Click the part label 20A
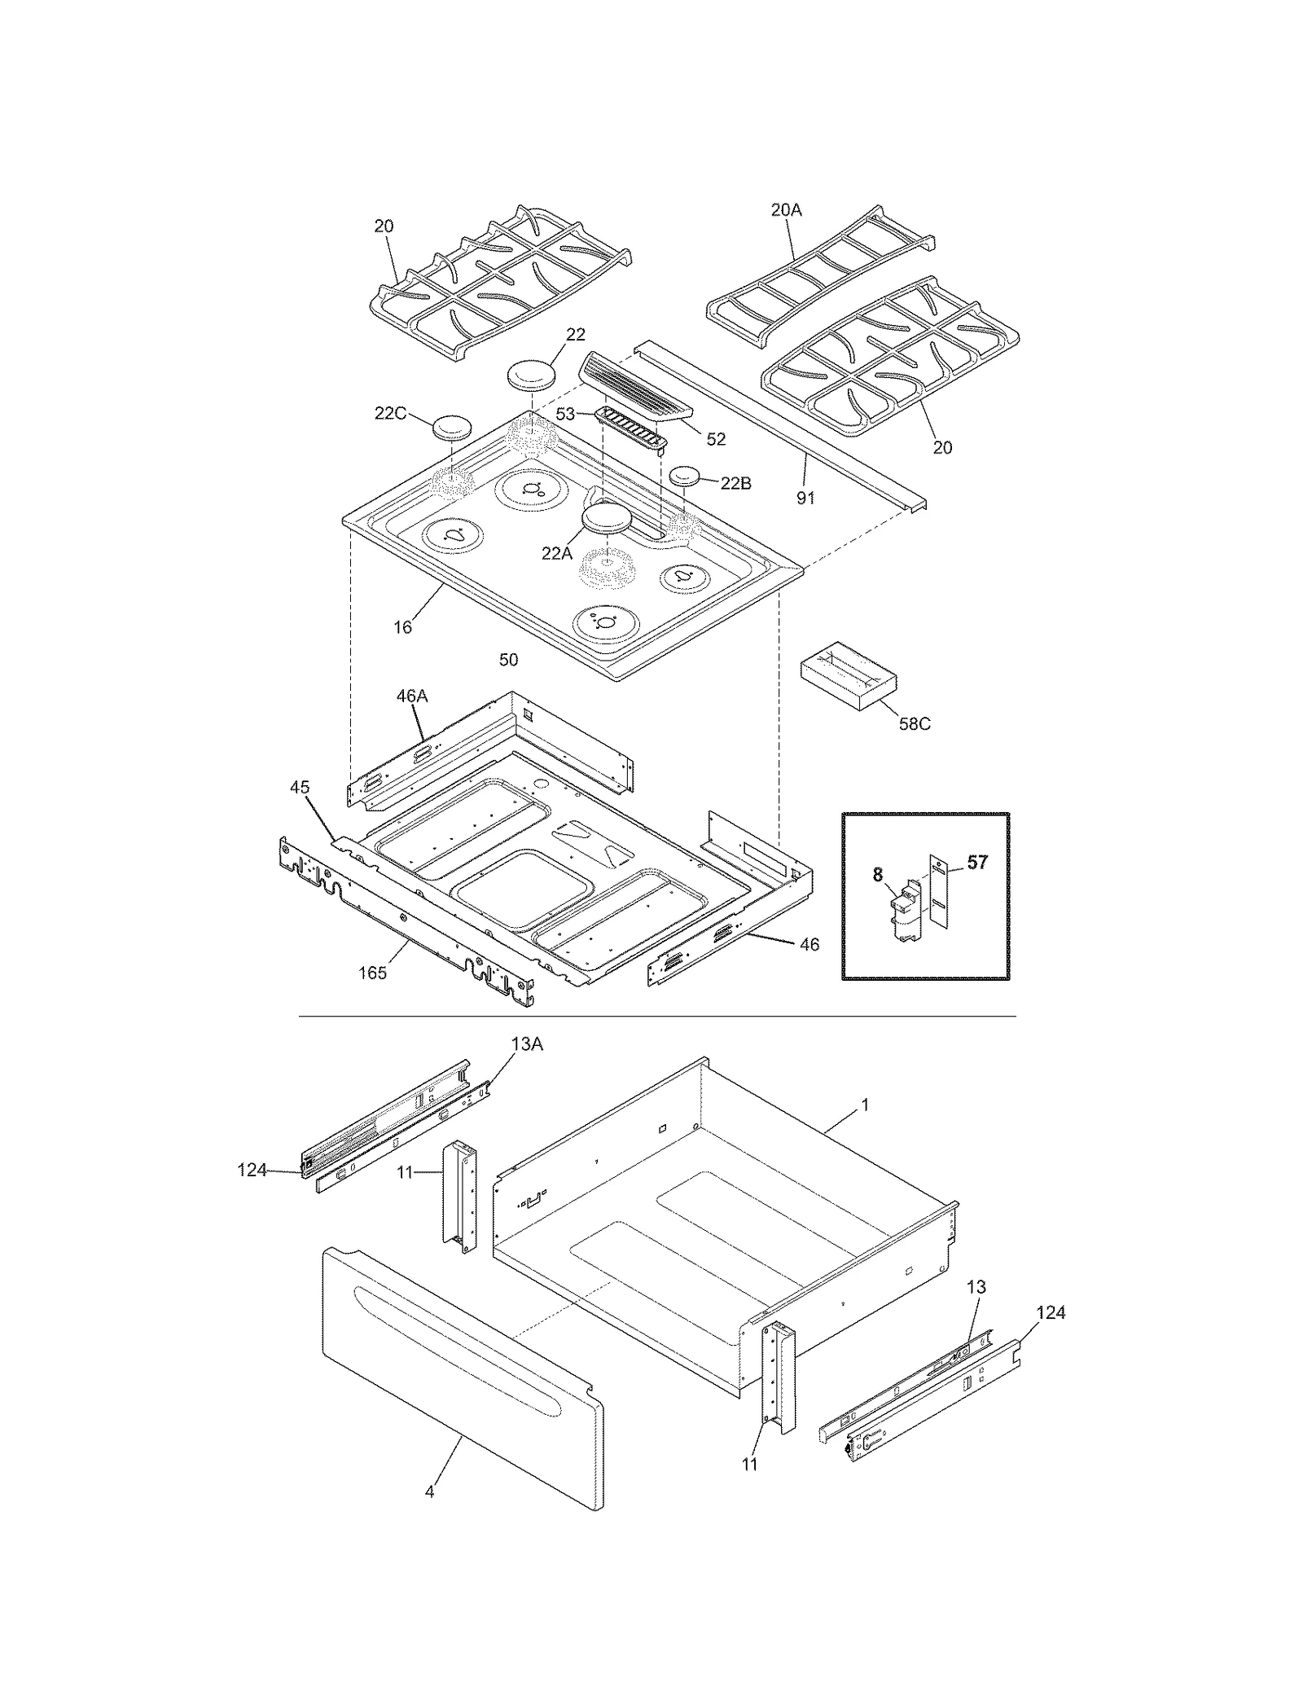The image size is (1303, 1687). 786,210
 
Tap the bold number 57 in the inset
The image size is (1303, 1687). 977,862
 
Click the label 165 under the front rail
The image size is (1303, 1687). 372,973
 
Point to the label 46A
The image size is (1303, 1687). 412,696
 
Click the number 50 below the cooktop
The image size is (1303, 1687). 508,659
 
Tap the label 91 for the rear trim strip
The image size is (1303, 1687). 805,497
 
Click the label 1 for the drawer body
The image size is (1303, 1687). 865,1105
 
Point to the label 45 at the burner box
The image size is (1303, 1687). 300,788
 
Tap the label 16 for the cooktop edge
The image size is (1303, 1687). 402,626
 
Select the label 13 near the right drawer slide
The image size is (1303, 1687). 976,1287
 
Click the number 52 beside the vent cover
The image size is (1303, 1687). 715,439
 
